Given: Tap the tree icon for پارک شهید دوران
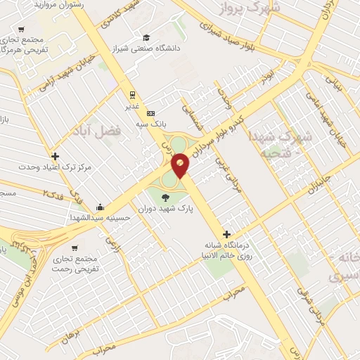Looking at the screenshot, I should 165,196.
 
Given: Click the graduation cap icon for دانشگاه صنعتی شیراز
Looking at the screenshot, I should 146,38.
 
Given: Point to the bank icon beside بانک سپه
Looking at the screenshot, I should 150,113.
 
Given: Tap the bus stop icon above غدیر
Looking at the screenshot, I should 131,94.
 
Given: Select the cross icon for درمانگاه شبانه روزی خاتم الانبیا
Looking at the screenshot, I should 226,234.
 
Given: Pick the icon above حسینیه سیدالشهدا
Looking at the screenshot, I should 101,207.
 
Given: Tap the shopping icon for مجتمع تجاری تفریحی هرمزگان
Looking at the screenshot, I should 21,30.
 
